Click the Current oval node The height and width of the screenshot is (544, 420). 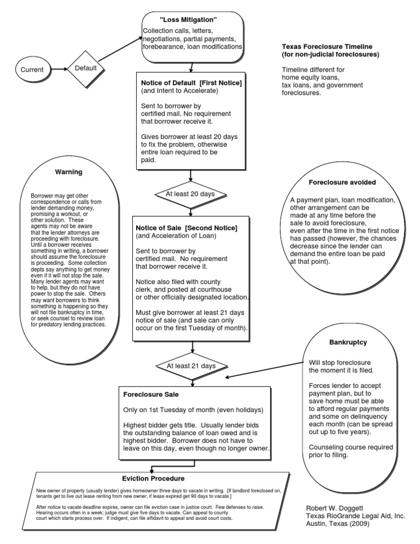pyautogui.click(x=36, y=70)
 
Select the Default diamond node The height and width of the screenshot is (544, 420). pyautogui.click(x=85, y=69)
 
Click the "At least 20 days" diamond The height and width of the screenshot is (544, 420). pyautogui.click(x=190, y=194)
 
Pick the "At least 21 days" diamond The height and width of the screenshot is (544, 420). pyautogui.click(x=191, y=365)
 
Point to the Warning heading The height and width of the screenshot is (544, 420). pyautogui.click(x=68, y=172)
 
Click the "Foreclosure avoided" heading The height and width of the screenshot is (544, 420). pyautogui.click(x=342, y=182)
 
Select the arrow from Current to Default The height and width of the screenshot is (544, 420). pyautogui.click(x=59, y=70)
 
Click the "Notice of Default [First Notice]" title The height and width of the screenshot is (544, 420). pyautogui.click(x=191, y=82)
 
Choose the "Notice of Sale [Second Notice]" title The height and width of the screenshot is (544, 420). pyautogui.click(x=186, y=227)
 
